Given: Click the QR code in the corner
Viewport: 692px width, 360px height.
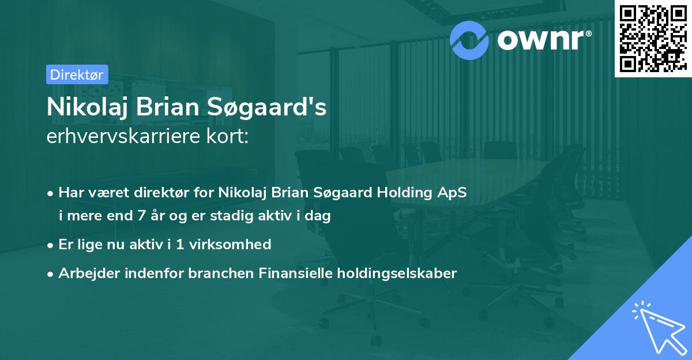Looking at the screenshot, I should click(653, 39).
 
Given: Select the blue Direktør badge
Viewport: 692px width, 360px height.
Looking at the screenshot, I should click(77, 74).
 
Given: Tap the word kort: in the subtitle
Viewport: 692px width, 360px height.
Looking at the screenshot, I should click(231, 137).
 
